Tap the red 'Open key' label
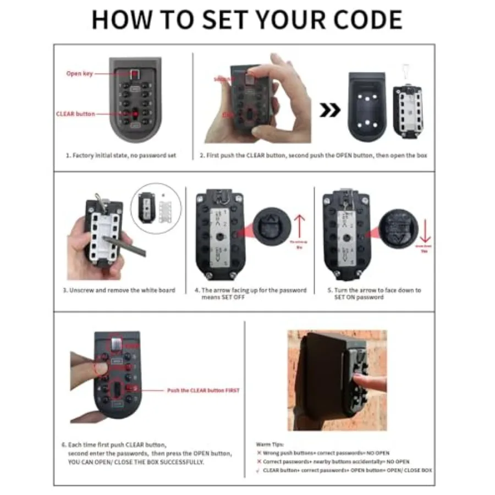coord(80,74)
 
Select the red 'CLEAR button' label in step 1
coord(75,114)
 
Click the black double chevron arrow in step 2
coord(330,111)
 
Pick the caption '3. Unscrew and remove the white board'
coord(119,290)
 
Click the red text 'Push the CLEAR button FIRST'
coord(203,391)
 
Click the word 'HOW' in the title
coord(119,19)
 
